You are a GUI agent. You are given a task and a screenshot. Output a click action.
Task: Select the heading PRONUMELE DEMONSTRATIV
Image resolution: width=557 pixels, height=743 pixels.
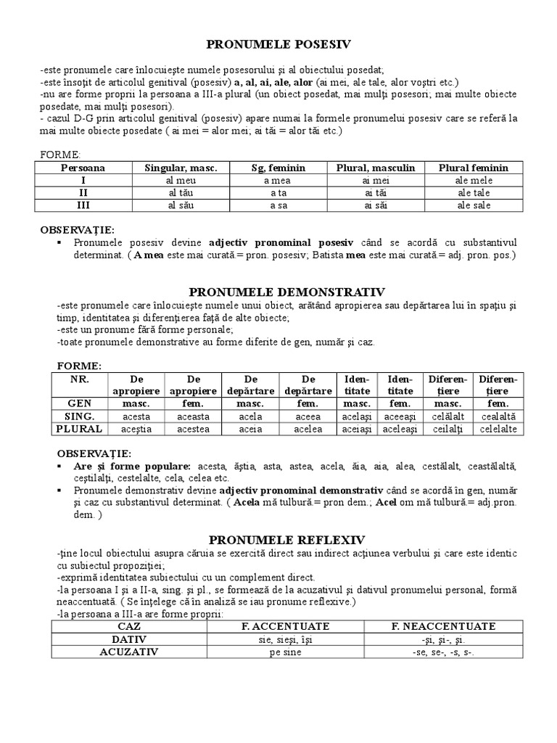coord(286,292)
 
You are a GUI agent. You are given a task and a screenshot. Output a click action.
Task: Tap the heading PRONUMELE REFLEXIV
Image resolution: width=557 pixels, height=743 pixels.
coord(286,540)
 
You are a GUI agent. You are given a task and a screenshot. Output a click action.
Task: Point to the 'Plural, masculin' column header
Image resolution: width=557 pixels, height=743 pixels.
coord(376,168)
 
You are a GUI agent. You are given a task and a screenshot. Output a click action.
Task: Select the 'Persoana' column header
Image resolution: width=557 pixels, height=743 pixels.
coord(83,168)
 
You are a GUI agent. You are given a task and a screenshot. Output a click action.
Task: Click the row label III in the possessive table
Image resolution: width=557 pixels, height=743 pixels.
coord(83,205)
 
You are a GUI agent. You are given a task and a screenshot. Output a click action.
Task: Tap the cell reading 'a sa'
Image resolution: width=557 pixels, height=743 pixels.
coord(278,205)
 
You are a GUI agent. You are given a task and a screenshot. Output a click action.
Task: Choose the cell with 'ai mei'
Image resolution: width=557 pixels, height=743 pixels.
coord(376,181)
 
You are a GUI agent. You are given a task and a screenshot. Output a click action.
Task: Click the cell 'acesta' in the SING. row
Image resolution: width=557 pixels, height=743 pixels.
coord(136,416)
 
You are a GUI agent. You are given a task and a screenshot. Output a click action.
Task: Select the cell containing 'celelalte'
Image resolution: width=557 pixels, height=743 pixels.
coord(498,429)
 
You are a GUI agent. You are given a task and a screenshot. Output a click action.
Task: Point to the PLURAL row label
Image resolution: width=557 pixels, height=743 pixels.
coord(80,429)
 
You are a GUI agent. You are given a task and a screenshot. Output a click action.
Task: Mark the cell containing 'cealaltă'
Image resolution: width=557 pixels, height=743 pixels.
coord(498,416)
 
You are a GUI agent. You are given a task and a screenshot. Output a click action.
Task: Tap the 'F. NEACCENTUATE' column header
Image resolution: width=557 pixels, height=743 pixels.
coord(443,626)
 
